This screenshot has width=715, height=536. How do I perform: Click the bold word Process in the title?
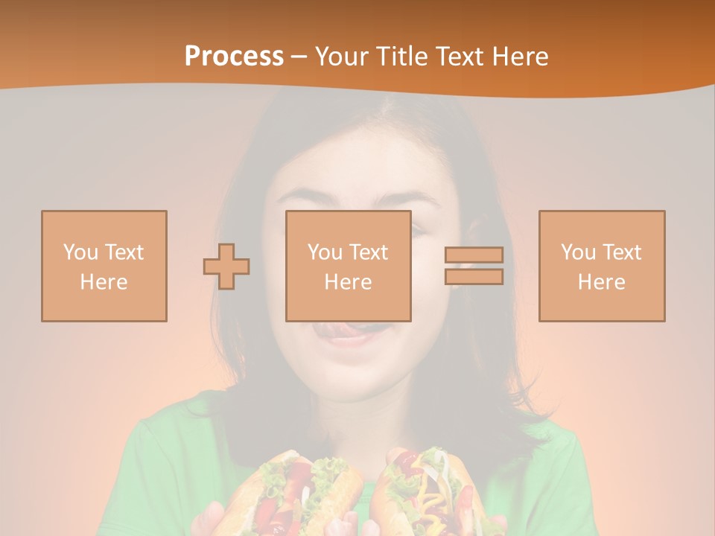pyautogui.click(x=234, y=57)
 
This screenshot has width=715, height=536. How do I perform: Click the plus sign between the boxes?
pyautogui.click(x=226, y=266)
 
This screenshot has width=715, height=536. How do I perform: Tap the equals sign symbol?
pyautogui.click(x=474, y=266)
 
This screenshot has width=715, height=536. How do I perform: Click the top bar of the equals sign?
pyautogui.click(x=474, y=255)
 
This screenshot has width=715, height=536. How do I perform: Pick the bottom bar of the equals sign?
pyautogui.click(x=474, y=277)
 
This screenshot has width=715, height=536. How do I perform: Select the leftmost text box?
pyautogui.click(x=104, y=266)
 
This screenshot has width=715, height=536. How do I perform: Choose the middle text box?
pyautogui.click(x=348, y=266)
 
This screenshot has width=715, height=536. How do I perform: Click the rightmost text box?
pyautogui.click(x=602, y=266)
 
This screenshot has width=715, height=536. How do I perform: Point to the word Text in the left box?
pyautogui.click(x=124, y=252)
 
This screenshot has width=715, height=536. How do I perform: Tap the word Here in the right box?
pyautogui.click(x=602, y=282)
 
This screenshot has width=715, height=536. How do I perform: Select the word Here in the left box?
pyautogui.click(x=104, y=282)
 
